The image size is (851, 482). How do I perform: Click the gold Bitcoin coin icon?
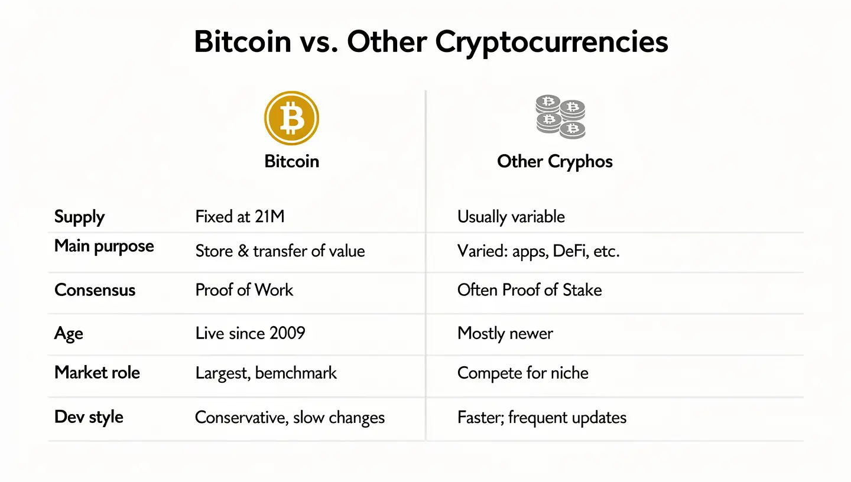pos(291,118)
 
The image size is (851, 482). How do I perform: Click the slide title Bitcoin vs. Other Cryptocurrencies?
pos(431,43)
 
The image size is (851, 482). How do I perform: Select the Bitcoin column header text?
pos(291,161)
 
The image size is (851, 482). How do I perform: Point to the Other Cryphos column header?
pos(555,161)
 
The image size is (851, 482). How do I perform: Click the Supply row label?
pos(79,217)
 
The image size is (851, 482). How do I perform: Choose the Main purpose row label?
pos(104,246)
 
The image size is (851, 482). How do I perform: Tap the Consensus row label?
pos(95,290)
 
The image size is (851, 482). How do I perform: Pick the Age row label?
pos(69,334)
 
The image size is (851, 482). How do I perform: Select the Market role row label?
pos(97,373)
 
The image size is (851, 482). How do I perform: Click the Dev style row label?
pos(89,417)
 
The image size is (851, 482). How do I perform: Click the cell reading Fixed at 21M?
pos(239,217)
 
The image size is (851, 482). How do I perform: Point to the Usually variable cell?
pos(511,217)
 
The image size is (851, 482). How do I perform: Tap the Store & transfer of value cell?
pos(280,251)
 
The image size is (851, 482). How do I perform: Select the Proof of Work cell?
pos(244,290)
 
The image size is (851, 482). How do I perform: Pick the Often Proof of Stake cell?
pos(529,290)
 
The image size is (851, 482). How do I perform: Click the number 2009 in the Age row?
pos(287,333)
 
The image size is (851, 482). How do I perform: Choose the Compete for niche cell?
pos(522,373)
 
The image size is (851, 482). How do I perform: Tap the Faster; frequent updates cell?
pos(541,418)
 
